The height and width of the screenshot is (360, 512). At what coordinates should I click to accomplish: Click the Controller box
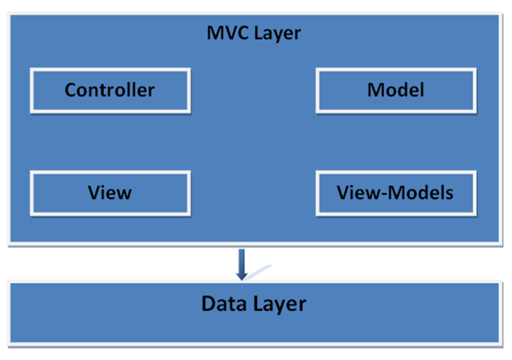pos(110,90)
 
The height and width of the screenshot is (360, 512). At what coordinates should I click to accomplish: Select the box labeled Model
pos(396,90)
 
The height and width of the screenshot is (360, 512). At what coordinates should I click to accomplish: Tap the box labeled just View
pos(110,193)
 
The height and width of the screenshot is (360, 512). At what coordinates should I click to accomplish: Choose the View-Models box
pos(396,193)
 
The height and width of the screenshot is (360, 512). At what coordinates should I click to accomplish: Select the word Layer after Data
pos(278,304)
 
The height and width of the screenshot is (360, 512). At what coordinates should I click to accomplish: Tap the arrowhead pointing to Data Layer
pos(242,276)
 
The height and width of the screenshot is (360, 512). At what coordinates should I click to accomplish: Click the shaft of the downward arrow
pos(242,259)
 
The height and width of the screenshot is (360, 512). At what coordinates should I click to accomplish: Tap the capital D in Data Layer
pos(208,304)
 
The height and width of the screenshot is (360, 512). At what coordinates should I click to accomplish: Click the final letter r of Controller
pos(151,91)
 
